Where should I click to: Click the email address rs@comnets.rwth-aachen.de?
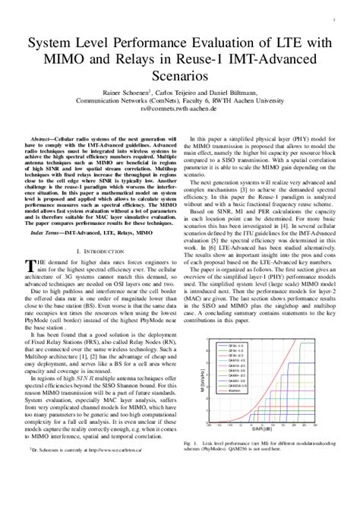[x=179, y=108]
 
